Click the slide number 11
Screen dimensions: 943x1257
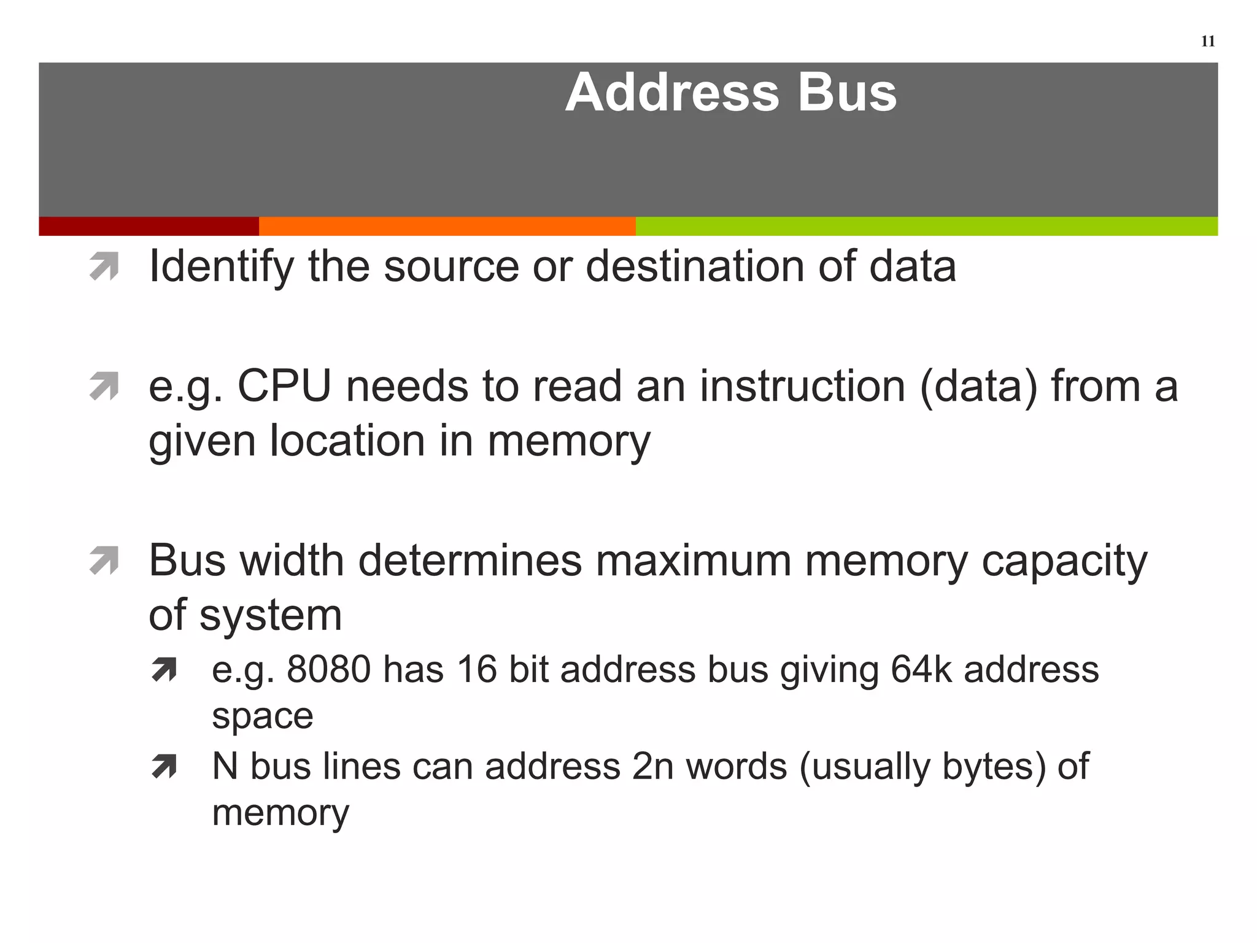(x=1207, y=41)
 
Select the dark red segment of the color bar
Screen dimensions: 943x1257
(x=149, y=226)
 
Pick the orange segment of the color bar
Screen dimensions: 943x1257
(x=447, y=226)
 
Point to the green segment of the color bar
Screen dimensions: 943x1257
(x=926, y=226)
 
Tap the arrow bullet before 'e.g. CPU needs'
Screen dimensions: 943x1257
(x=104, y=386)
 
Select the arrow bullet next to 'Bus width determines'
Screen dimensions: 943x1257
(x=104, y=561)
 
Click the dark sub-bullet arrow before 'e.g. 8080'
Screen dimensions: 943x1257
(x=164, y=670)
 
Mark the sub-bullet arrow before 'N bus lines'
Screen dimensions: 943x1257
(x=164, y=766)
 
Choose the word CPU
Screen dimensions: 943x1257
(x=284, y=387)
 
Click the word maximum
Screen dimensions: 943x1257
(x=693, y=561)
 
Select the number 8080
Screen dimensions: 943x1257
(x=328, y=669)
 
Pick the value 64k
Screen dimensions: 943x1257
(x=921, y=669)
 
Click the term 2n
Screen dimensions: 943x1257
(x=653, y=766)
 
